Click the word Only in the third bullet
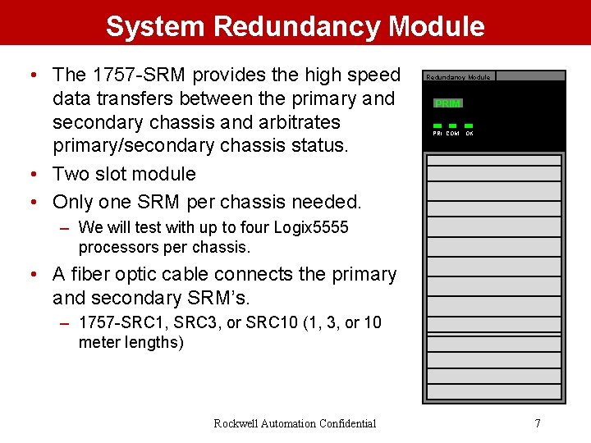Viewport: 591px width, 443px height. [73, 202]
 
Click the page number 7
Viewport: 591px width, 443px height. [538, 423]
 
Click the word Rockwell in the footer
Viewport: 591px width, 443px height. [236, 423]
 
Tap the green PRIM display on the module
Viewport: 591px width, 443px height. [448, 103]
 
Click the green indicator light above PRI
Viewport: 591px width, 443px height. [438, 126]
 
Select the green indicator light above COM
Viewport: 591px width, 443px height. [453, 126]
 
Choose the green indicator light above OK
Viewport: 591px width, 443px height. [469, 126]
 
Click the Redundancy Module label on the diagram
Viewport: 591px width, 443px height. [458, 77]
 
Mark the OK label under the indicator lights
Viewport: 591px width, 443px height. [470, 133]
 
